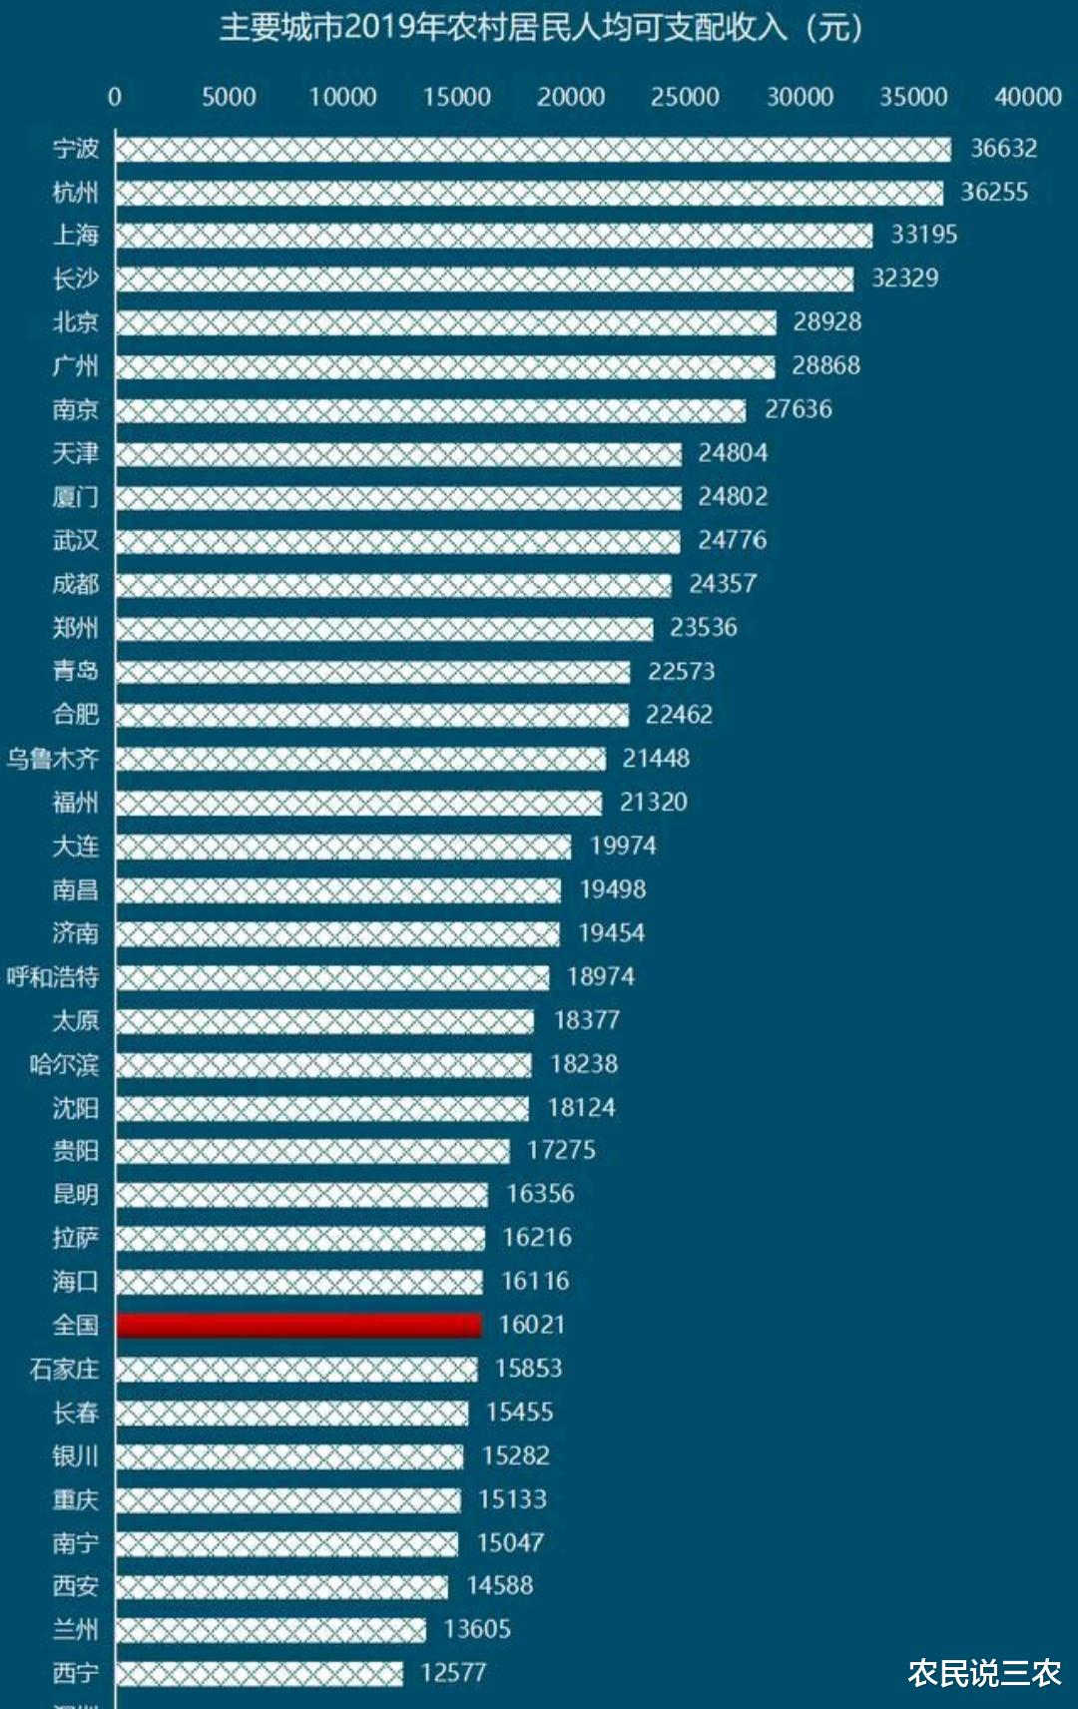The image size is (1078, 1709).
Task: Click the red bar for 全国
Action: click(299, 1325)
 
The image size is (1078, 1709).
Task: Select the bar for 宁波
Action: click(532, 149)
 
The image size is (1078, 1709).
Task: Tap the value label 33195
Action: click(923, 235)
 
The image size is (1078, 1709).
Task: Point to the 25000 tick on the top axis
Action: click(685, 97)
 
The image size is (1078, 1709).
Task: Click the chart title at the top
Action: click(540, 28)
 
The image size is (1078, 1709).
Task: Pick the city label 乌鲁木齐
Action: click(53, 759)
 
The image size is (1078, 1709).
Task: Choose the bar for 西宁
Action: click(259, 1673)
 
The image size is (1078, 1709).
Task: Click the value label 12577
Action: click(453, 1673)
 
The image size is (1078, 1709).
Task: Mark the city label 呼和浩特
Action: click(53, 976)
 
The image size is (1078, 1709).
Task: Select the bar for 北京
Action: click(445, 321)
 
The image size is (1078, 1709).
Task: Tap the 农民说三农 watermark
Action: click(983, 1673)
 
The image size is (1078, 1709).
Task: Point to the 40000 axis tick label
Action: click(1027, 97)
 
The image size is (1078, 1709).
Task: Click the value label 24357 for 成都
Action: click(723, 584)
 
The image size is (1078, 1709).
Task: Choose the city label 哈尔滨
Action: click(64, 1064)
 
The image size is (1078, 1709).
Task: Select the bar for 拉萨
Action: click(299, 1238)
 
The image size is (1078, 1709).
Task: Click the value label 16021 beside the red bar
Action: click(532, 1325)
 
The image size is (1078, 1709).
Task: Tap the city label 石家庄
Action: click(64, 1369)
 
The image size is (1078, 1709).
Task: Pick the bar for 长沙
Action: click(484, 279)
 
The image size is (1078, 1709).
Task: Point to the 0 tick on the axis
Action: click(115, 97)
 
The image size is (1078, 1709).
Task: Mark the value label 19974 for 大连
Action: click(623, 847)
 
